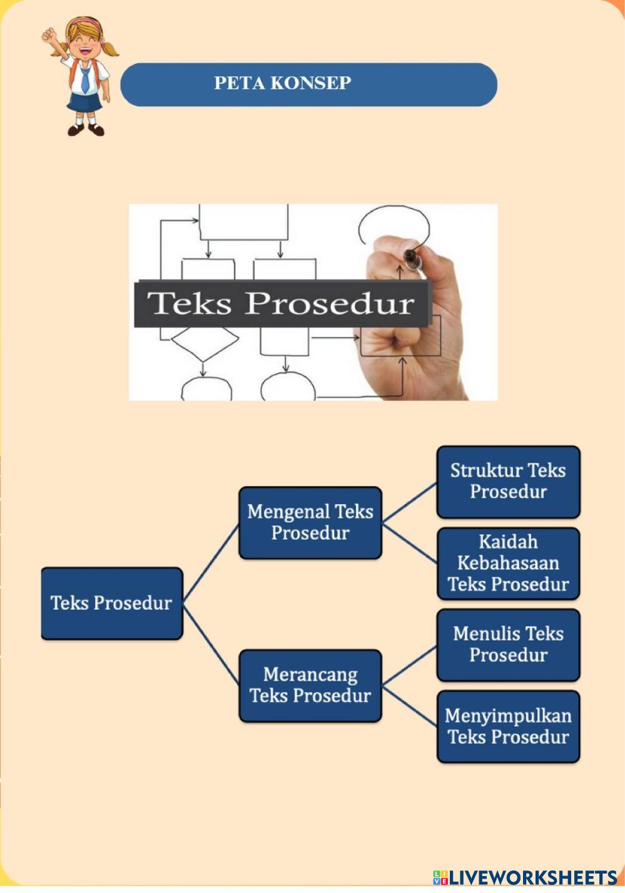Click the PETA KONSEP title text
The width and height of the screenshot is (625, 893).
(x=283, y=83)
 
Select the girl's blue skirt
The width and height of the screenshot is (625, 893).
(x=84, y=103)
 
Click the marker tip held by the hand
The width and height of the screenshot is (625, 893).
(x=410, y=256)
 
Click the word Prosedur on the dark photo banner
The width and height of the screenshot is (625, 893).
(x=329, y=304)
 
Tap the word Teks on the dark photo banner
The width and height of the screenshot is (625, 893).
(x=190, y=304)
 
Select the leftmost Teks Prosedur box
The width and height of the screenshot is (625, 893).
(x=111, y=603)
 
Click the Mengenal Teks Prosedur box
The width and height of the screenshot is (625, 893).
(x=310, y=522)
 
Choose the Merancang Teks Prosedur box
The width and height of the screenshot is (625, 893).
(x=310, y=685)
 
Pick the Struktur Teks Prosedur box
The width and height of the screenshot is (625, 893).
(x=508, y=482)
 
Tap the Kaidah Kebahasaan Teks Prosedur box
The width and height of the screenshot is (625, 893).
(x=508, y=563)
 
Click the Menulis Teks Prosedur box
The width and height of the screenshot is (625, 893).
(x=508, y=644)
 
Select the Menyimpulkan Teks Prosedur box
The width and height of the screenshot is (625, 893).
(x=508, y=726)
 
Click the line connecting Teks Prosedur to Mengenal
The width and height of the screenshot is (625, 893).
(x=211, y=562)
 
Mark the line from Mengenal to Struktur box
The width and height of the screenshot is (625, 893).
(x=409, y=502)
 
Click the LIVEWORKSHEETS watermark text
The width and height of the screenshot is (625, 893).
(x=532, y=877)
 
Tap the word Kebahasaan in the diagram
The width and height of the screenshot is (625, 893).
(x=508, y=563)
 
